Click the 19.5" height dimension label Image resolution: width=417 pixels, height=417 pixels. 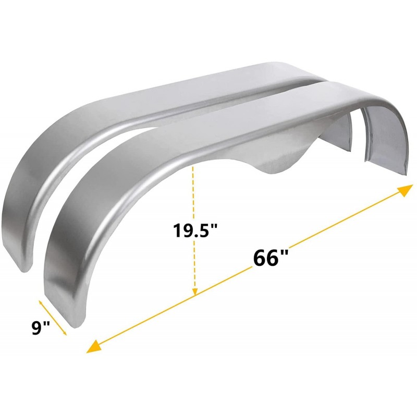point(195,230)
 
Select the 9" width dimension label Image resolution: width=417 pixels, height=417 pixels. point(41,328)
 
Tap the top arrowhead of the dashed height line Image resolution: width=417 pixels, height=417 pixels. point(194,168)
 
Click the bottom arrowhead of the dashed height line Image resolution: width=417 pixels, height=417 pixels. point(194,293)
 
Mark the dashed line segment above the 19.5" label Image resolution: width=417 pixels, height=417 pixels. point(194,193)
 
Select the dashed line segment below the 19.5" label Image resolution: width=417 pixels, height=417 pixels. point(194,266)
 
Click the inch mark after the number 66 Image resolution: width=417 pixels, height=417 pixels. point(285,254)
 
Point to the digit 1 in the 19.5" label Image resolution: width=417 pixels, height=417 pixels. point(177,230)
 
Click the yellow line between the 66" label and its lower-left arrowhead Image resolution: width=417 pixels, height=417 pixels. point(172,308)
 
